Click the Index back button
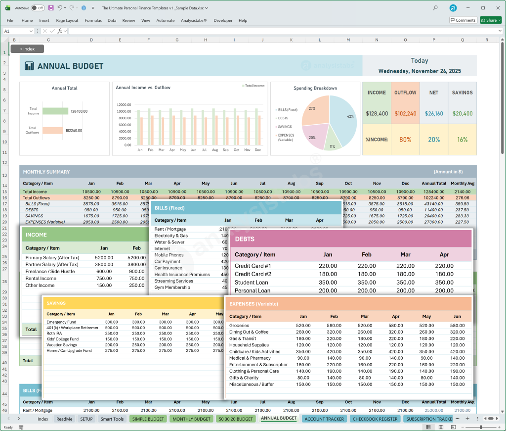click(x=27, y=49)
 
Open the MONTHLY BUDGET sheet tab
click(x=191, y=419)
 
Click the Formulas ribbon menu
click(x=93, y=20)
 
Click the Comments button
click(x=463, y=20)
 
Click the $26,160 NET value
click(x=434, y=114)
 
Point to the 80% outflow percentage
click(x=405, y=140)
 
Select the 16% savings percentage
click(x=462, y=140)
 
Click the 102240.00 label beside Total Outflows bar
click(x=74, y=131)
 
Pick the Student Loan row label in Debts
click(x=251, y=283)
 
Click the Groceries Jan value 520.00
click(x=303, y=326)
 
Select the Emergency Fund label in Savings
click(x=62, y=322)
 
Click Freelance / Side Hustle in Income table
click(x=50, y=271)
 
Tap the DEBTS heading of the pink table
click(x=245, y=239)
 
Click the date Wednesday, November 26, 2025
click(x=420, y=71)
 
